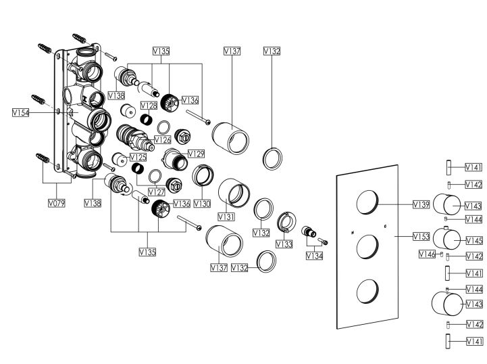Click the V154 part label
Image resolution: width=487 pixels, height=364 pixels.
coord(20,113)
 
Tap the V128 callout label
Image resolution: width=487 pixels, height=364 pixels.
coord(149,106)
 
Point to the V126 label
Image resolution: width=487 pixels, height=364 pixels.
coord(163,139)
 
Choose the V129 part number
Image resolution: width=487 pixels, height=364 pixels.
coord(196,154)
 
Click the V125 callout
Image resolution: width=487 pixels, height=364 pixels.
coord(138,157)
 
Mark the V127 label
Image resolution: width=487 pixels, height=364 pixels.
coord(156,191)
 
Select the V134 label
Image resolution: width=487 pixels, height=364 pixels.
coord(314,256)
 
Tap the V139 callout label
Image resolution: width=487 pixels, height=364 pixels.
coord(421,203)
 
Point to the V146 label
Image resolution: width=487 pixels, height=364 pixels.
coord(427,254)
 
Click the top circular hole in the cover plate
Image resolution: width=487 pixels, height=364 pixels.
coord(367,202)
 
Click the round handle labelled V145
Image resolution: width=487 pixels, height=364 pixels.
coord(446,240)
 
